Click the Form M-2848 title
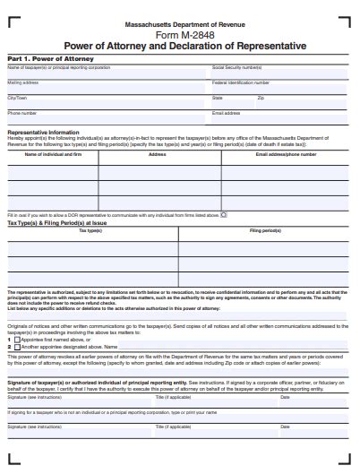(184, 34)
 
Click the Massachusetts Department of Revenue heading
(184, 22)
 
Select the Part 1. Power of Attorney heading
(38, 58)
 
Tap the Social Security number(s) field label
(236, 67)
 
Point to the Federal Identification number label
(241, 82)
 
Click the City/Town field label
(18, 98)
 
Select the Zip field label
(261, 98)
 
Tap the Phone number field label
(21, 113)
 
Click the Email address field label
(226, 113)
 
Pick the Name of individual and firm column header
(53, 154)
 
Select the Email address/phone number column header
(286, 154)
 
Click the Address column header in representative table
(158, 154)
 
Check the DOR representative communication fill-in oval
(224, 215)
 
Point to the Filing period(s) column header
(265, 231)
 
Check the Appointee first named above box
(17, 340)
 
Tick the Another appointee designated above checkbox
(17, 346)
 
